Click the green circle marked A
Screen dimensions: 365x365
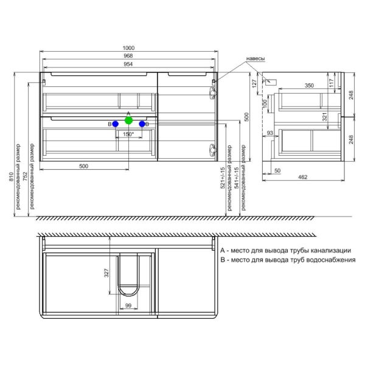click(128, 120)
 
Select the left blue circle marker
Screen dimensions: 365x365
click(115, 124)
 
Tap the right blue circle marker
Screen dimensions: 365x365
click(142, 124)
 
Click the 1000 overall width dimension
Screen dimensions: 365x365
click(128, 49)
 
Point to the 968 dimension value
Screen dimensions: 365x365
click(128, 56)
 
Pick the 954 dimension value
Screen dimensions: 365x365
click(128, 63)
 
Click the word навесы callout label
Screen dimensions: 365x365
click(255, 59)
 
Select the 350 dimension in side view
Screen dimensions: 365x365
click(309, 86)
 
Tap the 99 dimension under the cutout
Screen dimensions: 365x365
click(129, 306)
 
